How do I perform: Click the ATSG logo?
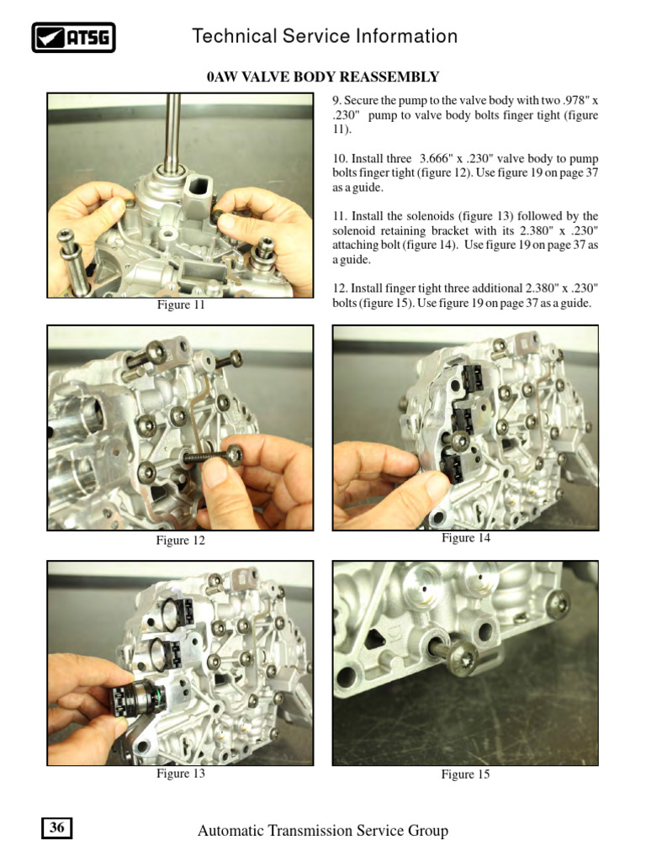coord(73,37)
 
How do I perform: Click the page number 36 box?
coord(56,827)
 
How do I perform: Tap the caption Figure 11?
coord(181,304)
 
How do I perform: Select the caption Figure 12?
coord(180,541)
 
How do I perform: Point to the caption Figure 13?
coord(180,774)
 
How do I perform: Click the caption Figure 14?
coord(466,537)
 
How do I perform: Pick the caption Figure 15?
coord(465,774)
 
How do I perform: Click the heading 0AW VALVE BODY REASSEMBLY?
coord(323,77)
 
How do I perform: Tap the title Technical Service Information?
coord(325,36)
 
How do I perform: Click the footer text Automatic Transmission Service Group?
coord(323,830)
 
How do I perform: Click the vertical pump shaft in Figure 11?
coord(173,132)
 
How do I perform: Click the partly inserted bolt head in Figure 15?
coord(462,656)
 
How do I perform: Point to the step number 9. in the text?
coord(336,101)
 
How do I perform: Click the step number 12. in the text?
coord(340,288)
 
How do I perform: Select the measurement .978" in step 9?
coord(576,101)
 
